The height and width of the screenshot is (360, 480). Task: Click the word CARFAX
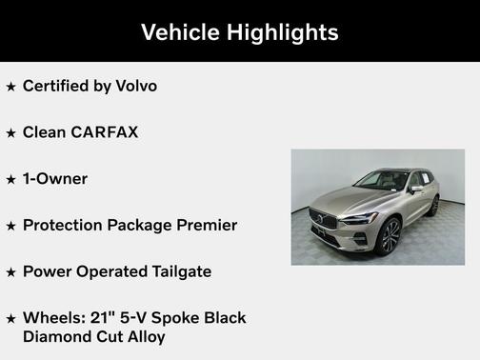pos(105,132)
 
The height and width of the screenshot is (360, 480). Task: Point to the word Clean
pos(45,132)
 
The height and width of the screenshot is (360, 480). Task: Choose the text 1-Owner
pos(55,179)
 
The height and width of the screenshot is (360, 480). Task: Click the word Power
pos(46,271)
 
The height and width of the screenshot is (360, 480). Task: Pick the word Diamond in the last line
pos(57,336)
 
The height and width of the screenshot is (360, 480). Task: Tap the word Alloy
pos(143,336)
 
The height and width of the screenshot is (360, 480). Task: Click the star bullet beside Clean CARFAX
pos(11,133)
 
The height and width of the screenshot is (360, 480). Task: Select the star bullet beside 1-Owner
pos(11,180)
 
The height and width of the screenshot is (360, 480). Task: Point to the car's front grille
pos(325,219)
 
